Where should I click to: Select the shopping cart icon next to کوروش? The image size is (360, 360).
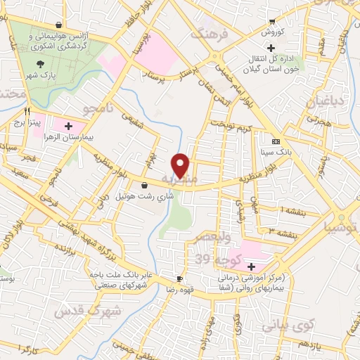[271, 22]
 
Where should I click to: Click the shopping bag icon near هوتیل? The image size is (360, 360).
[144, 186]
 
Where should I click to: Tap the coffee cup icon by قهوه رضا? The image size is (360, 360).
[180, 278]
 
